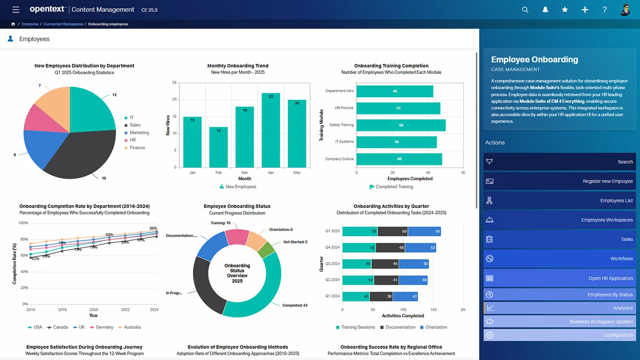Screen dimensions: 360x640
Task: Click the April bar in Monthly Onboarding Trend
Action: click(271, 131)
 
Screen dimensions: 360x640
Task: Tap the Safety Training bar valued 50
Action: click(401, 125)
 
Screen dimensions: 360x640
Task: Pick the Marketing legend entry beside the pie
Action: click(139, 133)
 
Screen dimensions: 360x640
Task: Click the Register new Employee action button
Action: click(559, 181)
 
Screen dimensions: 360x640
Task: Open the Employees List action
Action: click(559, 201)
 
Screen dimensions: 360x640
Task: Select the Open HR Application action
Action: click(559, 278)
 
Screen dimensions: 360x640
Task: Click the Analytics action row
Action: click(559, 308)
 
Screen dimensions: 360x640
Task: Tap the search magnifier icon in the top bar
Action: click(525, 10)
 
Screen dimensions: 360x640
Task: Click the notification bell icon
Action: click(545, 10)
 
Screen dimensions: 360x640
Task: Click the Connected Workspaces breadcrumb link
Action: click(63, 24)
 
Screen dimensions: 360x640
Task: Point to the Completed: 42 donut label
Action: click(295, 305)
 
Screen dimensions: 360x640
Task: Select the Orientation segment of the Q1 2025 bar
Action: click(424, 231)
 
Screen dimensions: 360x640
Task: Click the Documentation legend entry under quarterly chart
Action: click(400, 327)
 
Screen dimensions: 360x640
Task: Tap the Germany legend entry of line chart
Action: click(104, 327)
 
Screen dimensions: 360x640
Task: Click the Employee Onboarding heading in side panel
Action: click(534, 59)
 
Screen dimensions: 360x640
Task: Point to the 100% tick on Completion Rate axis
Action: click(23, 223)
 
